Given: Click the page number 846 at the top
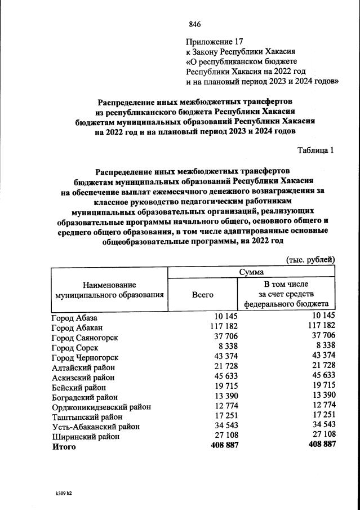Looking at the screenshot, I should pos(195,24).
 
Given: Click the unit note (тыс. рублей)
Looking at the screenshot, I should pos(310,259).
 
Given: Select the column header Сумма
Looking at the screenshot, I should pos(251,272).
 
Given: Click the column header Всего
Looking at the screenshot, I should pos(203,294).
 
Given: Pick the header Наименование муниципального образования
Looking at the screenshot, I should pos(109,290).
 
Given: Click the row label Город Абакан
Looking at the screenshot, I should pos(78,327).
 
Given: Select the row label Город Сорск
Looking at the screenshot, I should pos(74,348).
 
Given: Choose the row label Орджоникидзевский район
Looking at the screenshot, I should pos(101,406).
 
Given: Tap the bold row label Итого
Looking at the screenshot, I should pos(63,446).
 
